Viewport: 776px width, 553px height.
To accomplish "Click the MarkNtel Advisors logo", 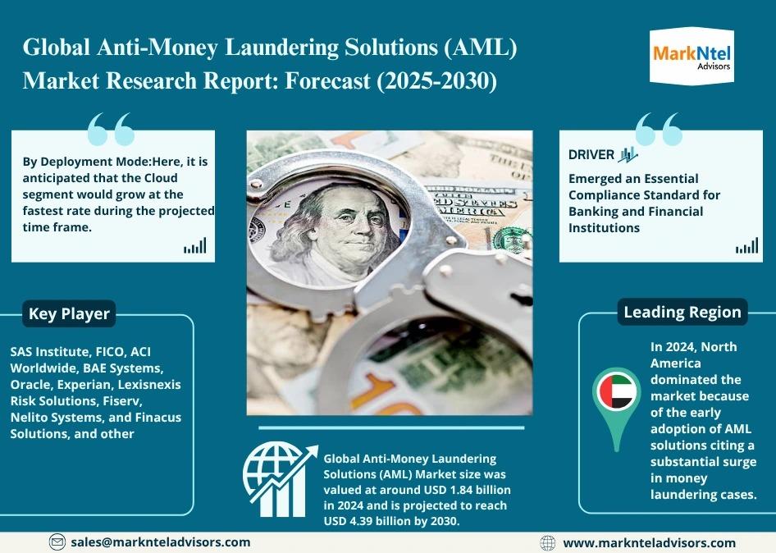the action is pos(692,57).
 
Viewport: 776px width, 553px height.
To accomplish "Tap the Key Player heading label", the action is pos(69,313).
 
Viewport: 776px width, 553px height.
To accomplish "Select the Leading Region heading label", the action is pos(682,312).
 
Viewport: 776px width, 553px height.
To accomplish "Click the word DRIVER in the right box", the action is pos(591,154).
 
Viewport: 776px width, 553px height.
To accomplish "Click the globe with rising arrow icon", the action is pos(280,480).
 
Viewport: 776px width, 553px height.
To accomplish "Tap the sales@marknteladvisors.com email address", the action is pos(160,542).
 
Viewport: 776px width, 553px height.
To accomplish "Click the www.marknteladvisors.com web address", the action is pos(650,543).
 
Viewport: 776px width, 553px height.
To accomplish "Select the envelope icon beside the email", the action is pos(57,542).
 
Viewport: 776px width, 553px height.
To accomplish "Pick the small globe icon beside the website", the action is pos(547,543).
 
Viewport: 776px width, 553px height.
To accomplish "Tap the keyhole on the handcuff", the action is pos(521,299).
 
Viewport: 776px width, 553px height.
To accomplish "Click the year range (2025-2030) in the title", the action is pos(437,80).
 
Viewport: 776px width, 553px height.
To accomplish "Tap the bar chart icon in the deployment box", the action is pos(195,245).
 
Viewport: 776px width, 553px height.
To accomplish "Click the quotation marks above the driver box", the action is pos(659,129).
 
